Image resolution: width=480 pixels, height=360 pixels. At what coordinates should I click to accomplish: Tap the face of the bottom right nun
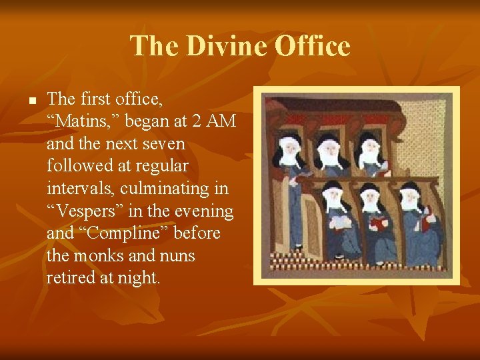point(409,198)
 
